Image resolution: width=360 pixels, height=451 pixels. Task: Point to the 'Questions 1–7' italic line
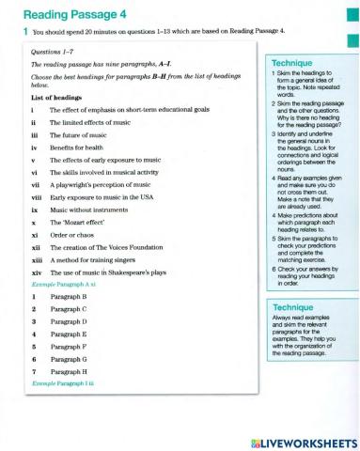click(x=55, y=52)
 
